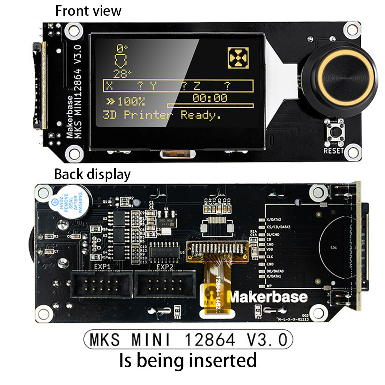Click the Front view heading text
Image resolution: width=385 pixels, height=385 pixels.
coord(88,10)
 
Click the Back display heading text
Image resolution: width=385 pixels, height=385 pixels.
coord(92,175)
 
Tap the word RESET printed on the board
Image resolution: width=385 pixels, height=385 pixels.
coord(333,151)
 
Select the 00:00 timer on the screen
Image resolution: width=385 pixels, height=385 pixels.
coord(210,98)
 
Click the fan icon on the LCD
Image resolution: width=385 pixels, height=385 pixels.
coord(238,58)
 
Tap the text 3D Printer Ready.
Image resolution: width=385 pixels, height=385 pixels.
coord(162,115)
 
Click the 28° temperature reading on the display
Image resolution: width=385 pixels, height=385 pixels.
coord(122,73)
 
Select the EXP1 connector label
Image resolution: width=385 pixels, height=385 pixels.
coord(102,266)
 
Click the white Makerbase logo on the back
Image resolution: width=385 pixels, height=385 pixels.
coord(268,297)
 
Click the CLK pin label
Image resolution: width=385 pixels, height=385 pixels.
coord(270,256)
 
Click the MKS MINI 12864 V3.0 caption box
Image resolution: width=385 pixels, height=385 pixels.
coord(188,340)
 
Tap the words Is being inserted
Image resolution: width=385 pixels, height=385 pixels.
coord(188,361)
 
